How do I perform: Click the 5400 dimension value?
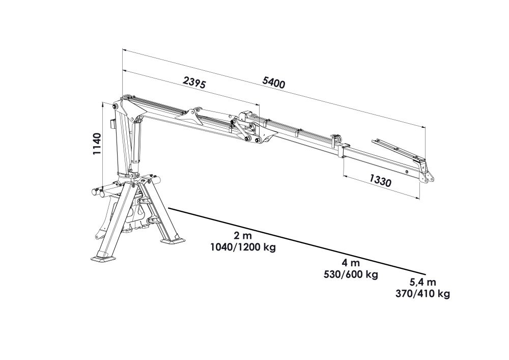tap(274, 83)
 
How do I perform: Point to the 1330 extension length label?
tap(380, 180)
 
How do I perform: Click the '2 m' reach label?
tap(242, 236)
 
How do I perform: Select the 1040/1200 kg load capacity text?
tap(243, 247)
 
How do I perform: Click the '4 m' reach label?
tap(351, 263)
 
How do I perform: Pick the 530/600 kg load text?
tap(351, 274)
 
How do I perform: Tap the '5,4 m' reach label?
tap(422, 282)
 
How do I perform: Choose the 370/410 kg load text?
tap(422, 294)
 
